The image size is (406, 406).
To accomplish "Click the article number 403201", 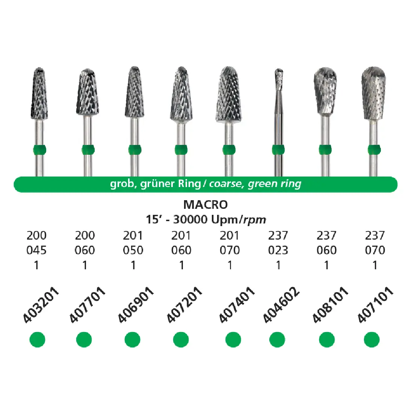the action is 41,305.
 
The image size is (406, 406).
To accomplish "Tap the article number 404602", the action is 281,305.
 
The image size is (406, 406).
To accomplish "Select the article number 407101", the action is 375,305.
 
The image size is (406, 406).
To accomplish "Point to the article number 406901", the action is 136,305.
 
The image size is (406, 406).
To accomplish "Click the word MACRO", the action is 205,205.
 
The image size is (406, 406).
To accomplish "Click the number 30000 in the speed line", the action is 190,220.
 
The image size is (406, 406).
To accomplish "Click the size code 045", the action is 36,250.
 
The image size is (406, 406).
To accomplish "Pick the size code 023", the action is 278,250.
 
